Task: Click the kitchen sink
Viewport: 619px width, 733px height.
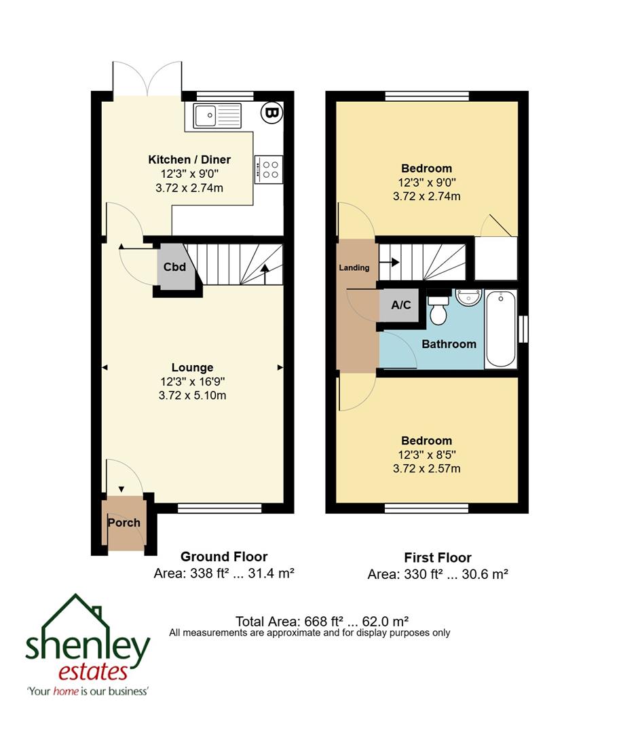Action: pos(217,115)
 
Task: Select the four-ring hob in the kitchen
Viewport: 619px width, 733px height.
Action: pos(268,169)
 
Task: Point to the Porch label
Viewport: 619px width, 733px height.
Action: pos(124,522)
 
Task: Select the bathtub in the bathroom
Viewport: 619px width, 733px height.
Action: pos(501,329)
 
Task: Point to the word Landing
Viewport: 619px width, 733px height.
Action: pos(354,267)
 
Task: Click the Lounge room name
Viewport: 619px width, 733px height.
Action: pos(193,368)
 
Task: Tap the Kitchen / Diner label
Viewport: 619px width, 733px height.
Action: pos(189,159)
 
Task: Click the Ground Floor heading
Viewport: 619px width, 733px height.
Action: pos(223,557)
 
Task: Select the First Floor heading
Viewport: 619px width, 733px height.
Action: pos(437,558)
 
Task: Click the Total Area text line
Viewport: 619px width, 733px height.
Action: pos(322,621)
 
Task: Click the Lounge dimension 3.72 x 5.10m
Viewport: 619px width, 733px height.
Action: pos(193,396)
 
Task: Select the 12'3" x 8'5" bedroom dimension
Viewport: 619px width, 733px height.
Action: pos(426,455)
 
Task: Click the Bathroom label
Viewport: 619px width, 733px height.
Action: pos(449,344)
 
